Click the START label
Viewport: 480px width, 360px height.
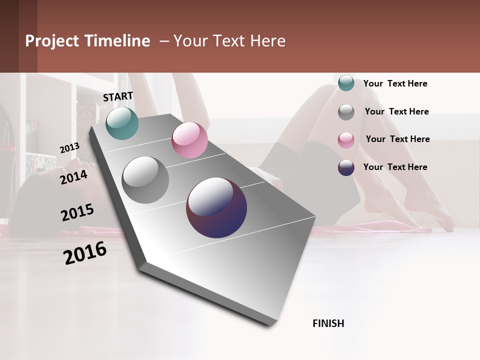coord(118,96)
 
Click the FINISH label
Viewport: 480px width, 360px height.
coord(328,323)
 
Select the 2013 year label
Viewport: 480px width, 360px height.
coord(69,148)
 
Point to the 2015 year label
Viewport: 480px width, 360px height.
coord(77,212)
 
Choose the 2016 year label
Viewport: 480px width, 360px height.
coord(85,253)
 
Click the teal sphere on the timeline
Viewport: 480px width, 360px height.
coord(122,123)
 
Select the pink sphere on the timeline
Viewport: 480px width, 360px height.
coord(189,140)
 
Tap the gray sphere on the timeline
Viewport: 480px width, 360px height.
coord(145,180)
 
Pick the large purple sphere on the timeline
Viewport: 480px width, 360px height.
coord(216,207)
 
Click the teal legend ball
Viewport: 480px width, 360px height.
coord(346,83)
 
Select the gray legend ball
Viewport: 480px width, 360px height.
coord(346,112)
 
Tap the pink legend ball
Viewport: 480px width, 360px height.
coord(346,140)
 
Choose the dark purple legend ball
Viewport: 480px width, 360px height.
coord(346,167)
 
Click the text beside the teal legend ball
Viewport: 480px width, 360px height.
coord(395,83)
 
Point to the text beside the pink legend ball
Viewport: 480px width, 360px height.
coord(397,139)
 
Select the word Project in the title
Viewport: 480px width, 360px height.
coord(52,41)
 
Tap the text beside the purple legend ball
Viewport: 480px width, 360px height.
coord(395,167)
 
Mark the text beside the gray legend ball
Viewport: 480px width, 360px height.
coord(396,111)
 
